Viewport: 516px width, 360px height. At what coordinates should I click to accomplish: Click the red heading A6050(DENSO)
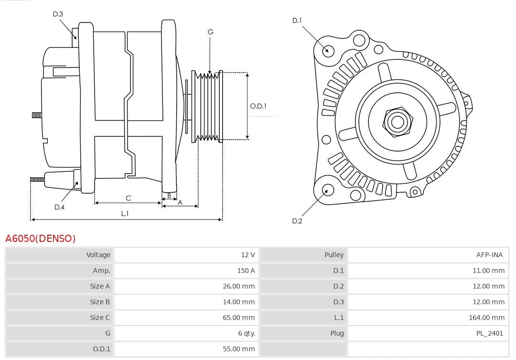41,239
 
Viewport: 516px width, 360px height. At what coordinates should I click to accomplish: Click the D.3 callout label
58,14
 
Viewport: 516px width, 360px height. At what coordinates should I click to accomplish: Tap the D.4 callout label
59,207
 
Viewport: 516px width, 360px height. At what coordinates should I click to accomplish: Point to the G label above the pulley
210,32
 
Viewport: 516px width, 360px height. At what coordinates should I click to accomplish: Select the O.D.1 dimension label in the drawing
258,106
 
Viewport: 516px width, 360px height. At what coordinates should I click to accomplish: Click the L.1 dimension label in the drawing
125,214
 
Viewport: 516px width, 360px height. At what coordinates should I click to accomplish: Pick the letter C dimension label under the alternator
128,198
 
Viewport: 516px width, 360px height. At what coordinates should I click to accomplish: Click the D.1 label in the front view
297,21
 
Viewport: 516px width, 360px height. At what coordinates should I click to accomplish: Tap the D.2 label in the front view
297,221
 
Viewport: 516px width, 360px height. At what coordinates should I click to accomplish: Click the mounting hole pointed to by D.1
328,50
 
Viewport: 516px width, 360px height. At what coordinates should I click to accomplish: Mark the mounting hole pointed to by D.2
327,190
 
